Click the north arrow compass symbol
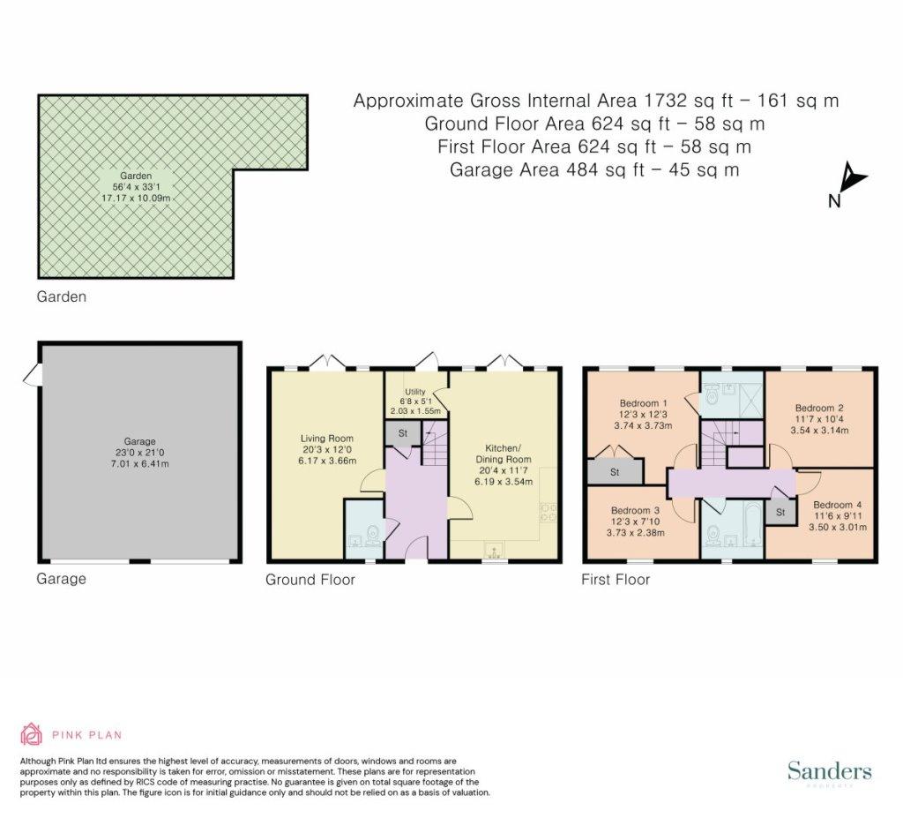pyautogui.click(x=850, y=180)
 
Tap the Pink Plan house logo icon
pyautogui.click(x=31, y=734)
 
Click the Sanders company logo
pyautogui.click(x=829, y=772)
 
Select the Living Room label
pyautogui.click(x=326, y=438)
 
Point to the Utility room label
pyautogui.click(x=414, y=392)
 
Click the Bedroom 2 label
pyautogui.click(x=819, y=409)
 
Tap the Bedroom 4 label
pyautogui.click(x=838, y=505)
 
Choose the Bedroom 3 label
pyautogui.click(x=635, y=510)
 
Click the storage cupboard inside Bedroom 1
pyautogui.click(x=615, y=471)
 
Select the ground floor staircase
pyautogui.click(x=436, y=443)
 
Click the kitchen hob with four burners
pyautogui.click(x=548, y=513)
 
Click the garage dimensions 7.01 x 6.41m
pyautogui.click(x=140, y=463)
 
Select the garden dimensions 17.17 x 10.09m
pyautogui.click(x=136, y=198)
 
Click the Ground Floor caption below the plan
pyautogui.click(x=310, y=580)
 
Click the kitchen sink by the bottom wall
pyautogui.click(x=494, y=551)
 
